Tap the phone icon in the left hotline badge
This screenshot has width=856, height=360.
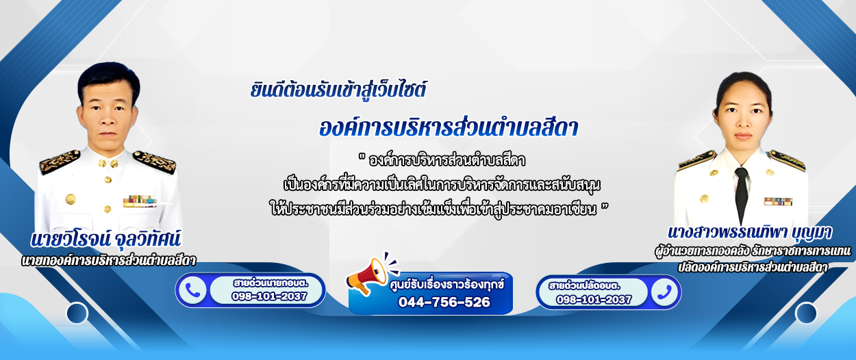pyautogui.click(x=192, y=290)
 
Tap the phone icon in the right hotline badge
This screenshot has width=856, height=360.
pyautogui.click(x=664, y=293)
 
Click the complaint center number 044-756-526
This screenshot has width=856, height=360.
pyautogui.click(x=444, y=302)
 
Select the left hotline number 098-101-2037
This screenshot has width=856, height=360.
pyautogui.click(x=269, y=296)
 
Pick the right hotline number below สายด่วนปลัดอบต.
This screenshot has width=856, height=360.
pyautogui.click(x=594, y=300)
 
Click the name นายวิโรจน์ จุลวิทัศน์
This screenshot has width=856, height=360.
pyautogui.click(x=105, y=240)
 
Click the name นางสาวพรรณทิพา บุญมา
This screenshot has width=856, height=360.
pyautogui.click(x=750, y=233)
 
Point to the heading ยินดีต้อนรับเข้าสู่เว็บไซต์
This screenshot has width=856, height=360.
pyautogui.click(x=338, y=90)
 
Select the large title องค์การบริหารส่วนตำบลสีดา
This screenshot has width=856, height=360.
pyautogui.click(x=449, y=128)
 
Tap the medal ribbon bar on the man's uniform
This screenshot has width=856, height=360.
pyautogui.click(x=140, y=201)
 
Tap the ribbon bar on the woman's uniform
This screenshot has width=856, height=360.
pyautogui.click(x=778, y=201)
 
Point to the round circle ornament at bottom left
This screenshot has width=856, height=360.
pyautogui.click(x=77, y=313)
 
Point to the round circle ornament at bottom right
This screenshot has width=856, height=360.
pyautogui.click(x=806, y=313)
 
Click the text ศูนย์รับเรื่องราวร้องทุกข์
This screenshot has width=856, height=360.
pyautogui.click(x=447, y=285)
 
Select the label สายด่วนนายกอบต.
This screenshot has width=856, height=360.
pyautogui.click(x=270, y=283)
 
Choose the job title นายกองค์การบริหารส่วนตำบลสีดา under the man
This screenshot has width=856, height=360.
pyautogui.click(x=109, y=261)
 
